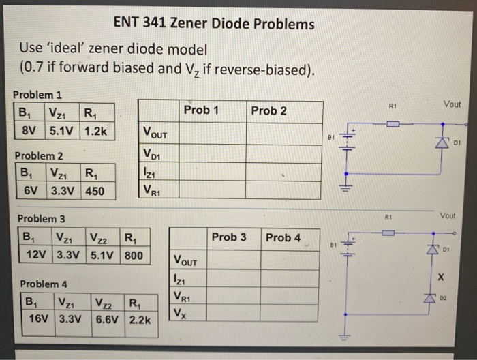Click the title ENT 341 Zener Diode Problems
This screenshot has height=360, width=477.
click(214, 25)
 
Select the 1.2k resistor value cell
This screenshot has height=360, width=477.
click(97, 130)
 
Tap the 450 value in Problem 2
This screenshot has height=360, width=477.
click(95, 191)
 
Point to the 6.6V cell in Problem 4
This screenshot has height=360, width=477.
click(108, 318)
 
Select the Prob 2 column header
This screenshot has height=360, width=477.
click(268, 110)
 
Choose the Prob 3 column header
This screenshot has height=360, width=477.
click(229, 237)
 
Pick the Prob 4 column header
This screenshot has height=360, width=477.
click(283, 237)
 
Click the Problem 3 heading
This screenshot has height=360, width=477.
click(42, 219)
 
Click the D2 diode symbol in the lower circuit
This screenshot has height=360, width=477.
click(429, 298)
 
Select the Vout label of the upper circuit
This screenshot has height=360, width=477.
click(451, 104)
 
